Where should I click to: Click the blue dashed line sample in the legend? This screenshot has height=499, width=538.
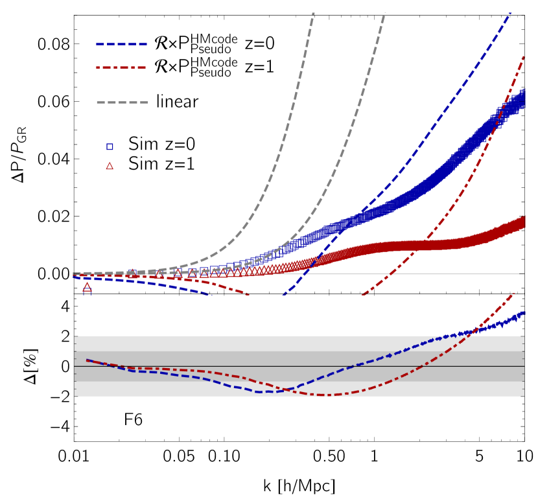tap(122, 45)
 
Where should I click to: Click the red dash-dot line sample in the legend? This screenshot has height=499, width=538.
tap(121, 67)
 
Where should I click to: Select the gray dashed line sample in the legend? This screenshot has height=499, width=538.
tap(122, 102)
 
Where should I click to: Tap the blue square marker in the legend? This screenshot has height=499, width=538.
tap(110, 146)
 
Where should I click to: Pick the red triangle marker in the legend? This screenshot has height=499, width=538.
tap(110, 166)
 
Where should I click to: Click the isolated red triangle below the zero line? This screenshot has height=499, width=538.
tap(87, 286)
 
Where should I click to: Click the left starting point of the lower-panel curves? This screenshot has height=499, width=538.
tap(87, 360)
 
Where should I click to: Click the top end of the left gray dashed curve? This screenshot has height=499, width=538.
tap(314, 13)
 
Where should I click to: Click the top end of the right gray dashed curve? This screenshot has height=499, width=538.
tap(385, 13)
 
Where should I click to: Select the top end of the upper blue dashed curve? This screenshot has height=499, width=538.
tap(510, 13)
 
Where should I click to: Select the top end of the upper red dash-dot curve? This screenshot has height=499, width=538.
tap(524, 57)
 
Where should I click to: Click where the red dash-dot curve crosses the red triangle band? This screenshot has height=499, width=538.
tap(417, 245)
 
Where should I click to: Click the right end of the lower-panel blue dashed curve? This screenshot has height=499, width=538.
tap(524, 312)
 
